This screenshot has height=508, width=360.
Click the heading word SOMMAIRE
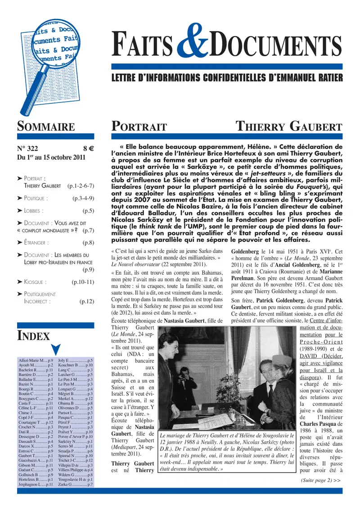tap(45, 126)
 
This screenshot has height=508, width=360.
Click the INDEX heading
tap(33, 335)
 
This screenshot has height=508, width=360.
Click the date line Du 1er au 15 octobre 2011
tap(51, 158)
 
